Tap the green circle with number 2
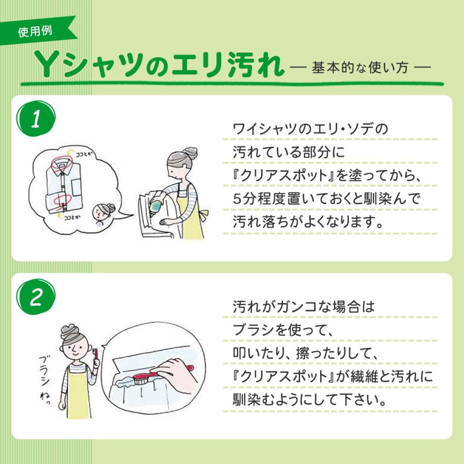(36, 296)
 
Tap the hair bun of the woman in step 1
(190, 154)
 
